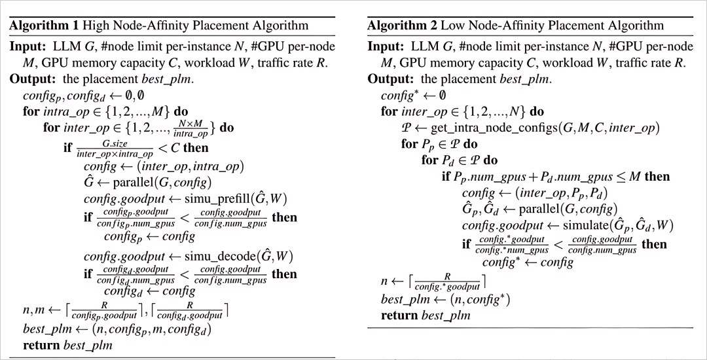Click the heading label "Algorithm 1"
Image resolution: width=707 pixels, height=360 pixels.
pyautogui.click(x=40, y=26)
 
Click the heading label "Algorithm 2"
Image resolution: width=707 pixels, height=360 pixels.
pyautogui.click(x=398, y=26)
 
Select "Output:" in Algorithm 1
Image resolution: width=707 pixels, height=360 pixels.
pyautogui.click(x=31, y=79)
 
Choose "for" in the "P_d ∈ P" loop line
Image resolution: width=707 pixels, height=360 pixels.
pyautogui.click(x=429, y=160)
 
